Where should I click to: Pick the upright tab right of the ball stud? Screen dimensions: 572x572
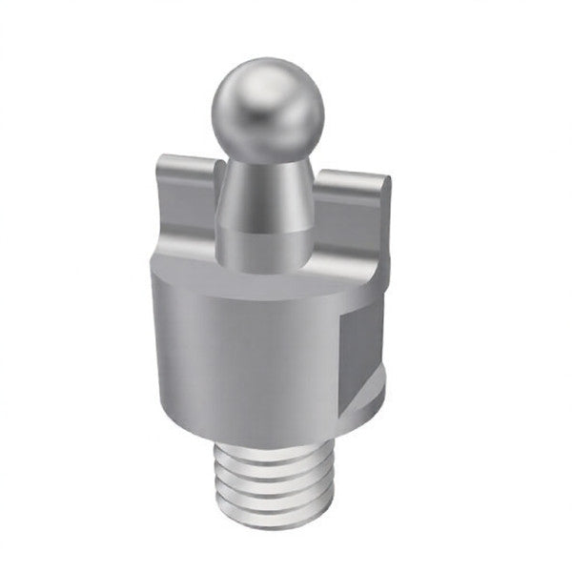tap(353, 214)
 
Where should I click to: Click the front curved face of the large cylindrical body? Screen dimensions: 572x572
tap(248, 353)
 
